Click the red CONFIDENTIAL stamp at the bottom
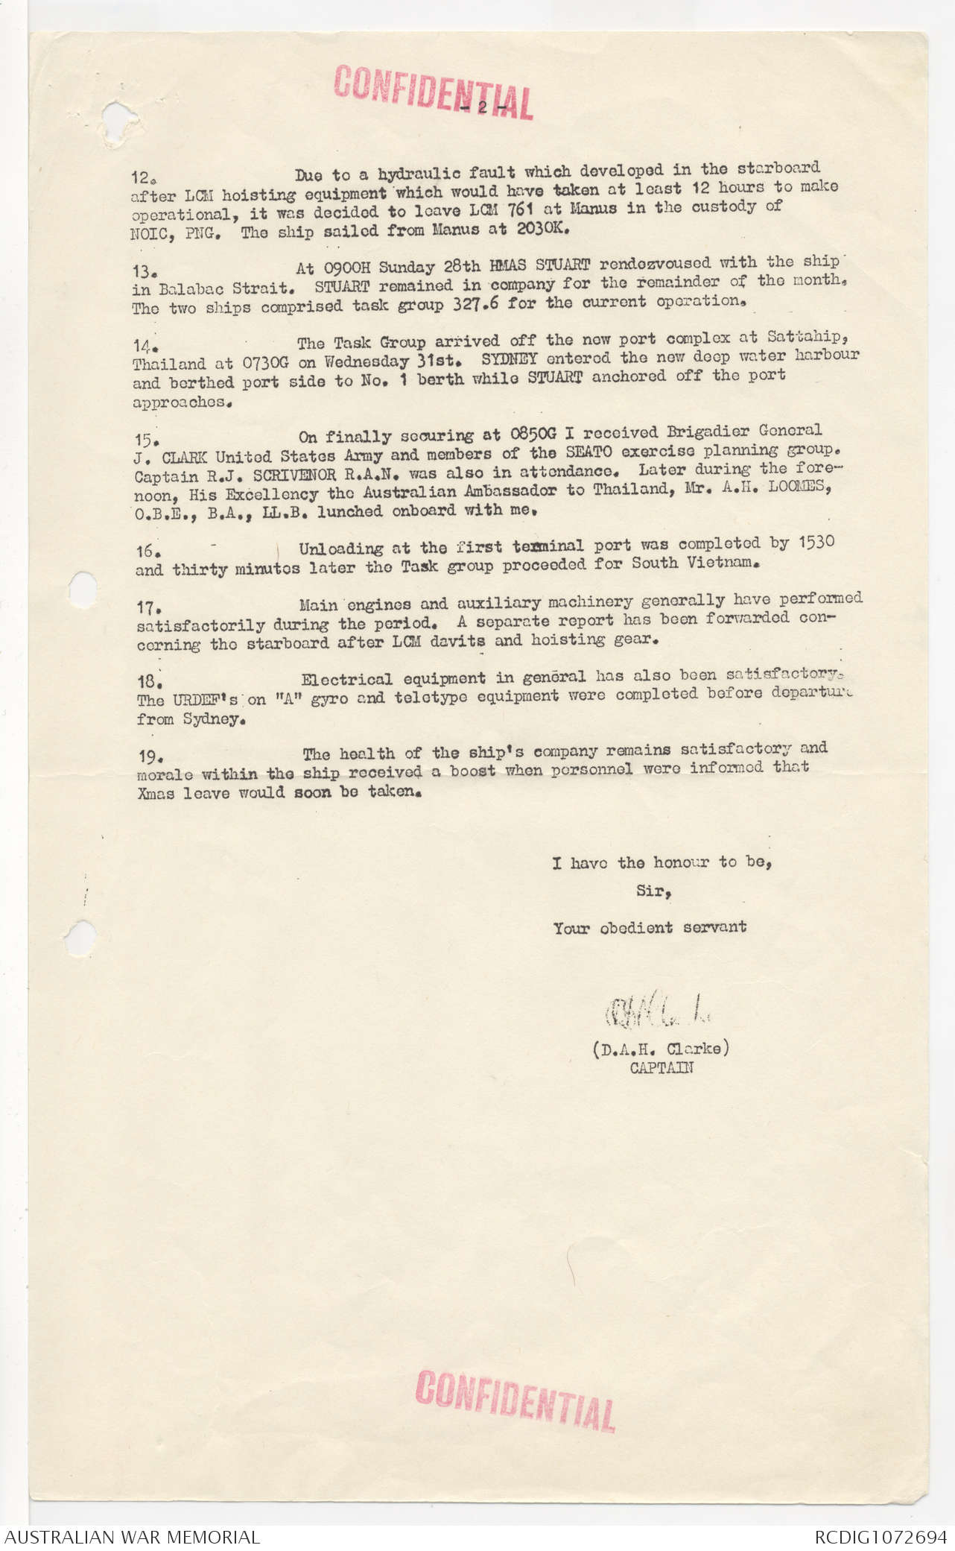[x=515, y=1400]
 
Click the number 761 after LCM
[x=521, y=209]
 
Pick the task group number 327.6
[x=475, y=304]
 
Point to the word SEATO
[x=588, y=452]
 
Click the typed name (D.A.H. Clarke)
[x=661, y=1049]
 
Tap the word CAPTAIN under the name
[x=661, y=1068]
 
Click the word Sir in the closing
[x=653, y=891]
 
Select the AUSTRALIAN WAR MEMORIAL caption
[x=132, y=1537]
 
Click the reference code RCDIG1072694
[x=880, y=1537]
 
